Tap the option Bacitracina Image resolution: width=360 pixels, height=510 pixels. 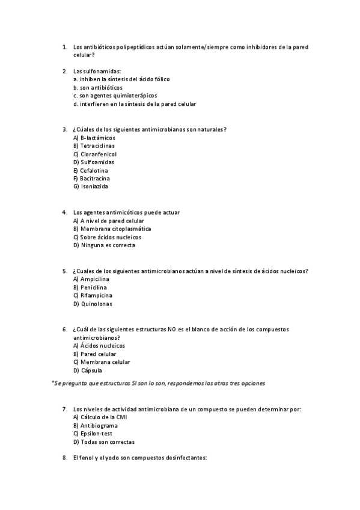click(95, 179)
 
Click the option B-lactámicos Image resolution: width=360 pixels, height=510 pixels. click(97, 138)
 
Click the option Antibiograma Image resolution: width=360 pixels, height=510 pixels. click(99, 426)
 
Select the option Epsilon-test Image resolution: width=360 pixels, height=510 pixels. click(96, 434)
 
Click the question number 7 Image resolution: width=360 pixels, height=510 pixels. click(64, 410)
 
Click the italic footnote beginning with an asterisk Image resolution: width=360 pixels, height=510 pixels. click(159, 383)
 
